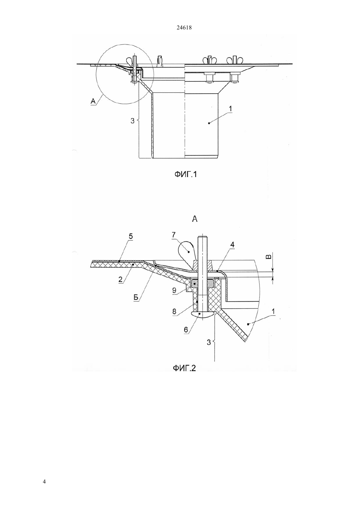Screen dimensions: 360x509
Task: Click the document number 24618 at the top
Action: (x=184, y=28)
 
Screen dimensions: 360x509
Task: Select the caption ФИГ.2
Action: (x=184, y=367)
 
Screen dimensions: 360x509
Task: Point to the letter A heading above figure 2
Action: (x=195, y=219)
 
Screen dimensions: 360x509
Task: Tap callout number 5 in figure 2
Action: (x=131, y=237)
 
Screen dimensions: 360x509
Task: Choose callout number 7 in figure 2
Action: (x=174, y=235)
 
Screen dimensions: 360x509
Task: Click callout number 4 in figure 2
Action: (x=232, y=244)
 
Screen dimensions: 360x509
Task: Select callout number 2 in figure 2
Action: (x=120, y=279)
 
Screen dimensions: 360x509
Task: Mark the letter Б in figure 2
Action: (x=136, y=298)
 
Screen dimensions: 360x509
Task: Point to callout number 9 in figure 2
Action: (x=174, y=290)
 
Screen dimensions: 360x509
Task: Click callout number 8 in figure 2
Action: (x=174, y=311)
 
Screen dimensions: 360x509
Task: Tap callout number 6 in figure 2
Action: (x=186, y=329)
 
